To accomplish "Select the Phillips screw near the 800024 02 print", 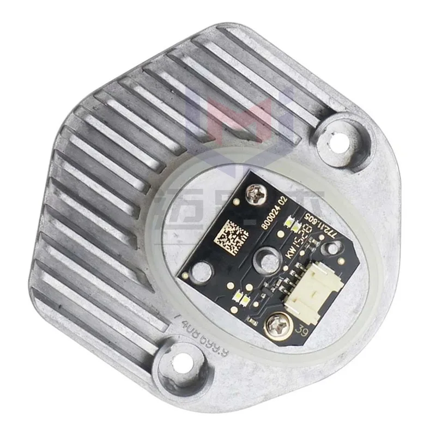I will click(253, 191).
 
